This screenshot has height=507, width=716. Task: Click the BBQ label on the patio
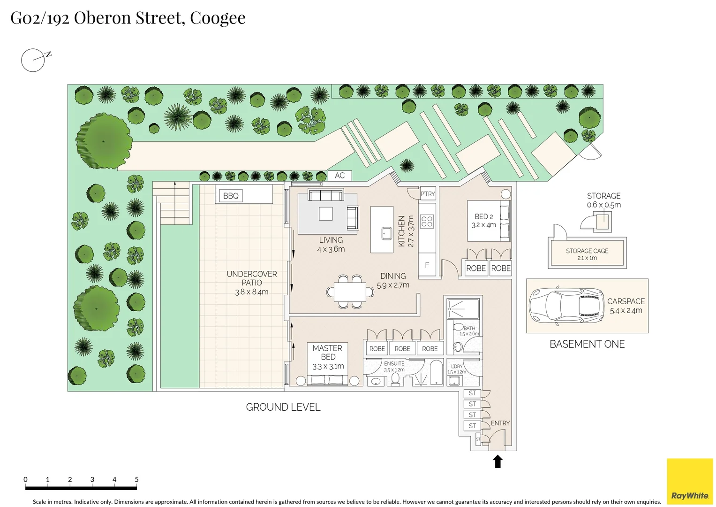click(x=231, y=196)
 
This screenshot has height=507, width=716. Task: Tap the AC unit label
click(x=339, y=176)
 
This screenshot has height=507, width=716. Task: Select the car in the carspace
click(x=566, y=306)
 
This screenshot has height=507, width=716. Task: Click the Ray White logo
click(x=690, y=482)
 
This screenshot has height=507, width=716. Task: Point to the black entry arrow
click(x=498, y=461)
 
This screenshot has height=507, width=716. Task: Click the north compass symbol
click(x=34, y=60)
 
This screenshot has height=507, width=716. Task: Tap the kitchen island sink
click(x=387, y=233)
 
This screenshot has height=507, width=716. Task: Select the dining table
click(x=350, y=292)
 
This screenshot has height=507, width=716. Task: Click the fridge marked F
click(x=427, y=265)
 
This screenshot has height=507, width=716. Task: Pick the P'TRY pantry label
click(x=428, y=194)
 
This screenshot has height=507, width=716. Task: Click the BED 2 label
click(x=484, y=216)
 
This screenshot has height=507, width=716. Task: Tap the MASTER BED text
click(x=327, y=352)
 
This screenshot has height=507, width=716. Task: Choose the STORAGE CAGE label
click(x=587, y=251)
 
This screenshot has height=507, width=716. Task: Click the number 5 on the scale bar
click(x=136, y=479)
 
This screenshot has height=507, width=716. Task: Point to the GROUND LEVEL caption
click(x=283, y=407)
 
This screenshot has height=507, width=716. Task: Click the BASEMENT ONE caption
click(x=587, y=344)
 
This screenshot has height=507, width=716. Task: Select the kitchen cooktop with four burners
click(x=427, y=221)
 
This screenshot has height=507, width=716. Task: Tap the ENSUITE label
click(x=394, y=363)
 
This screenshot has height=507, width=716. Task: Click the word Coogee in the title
click(x=218, y=18)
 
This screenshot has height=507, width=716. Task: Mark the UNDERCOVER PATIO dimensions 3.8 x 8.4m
click(x=252, y=292)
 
